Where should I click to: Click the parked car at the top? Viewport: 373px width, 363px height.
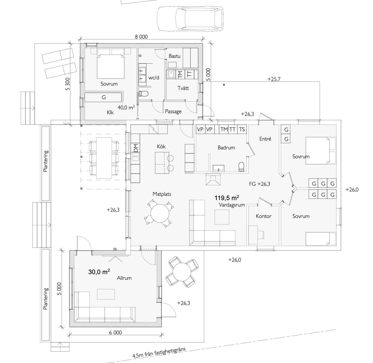point(190,19)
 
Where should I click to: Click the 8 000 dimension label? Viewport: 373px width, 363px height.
point(141,37)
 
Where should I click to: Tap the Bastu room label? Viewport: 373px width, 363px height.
point(174,56)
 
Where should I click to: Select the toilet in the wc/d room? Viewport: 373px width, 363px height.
point(143,93)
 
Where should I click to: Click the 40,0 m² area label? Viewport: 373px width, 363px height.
point(126,107)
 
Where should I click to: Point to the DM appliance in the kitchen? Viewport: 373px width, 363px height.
point(135,148)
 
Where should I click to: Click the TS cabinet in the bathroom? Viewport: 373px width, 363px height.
point(242,129)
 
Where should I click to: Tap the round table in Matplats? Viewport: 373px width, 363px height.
point(160,213)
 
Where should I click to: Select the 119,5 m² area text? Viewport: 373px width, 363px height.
point(227,197)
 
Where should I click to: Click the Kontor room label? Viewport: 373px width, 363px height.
point(264,216)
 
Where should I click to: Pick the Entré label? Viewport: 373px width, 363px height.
point(265,139)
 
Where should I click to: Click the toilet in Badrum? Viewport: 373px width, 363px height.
point(241,166)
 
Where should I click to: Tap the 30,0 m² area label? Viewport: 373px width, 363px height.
point(99,272)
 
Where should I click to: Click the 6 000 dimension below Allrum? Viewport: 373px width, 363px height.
point(115,332)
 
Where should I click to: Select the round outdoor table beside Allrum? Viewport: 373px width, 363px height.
point(182,272)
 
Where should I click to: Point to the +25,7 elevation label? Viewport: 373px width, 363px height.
point(274,79)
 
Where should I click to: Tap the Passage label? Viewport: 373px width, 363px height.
point(173,112)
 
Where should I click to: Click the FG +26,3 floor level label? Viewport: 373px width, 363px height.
point(259,184)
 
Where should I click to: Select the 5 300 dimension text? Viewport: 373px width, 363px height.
point(68,84)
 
